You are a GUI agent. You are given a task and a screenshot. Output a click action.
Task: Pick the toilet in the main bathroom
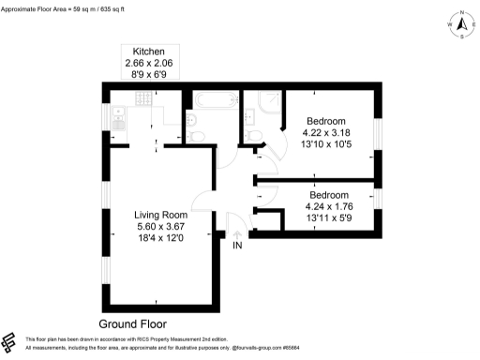click(x=198, y=138)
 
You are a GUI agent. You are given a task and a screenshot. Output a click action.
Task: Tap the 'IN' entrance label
click(x=238, y=246)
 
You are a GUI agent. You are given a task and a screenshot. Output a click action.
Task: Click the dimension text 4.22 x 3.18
click(x=326, y=132)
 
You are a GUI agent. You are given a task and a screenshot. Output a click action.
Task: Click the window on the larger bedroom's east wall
click(x=379, y=132)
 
